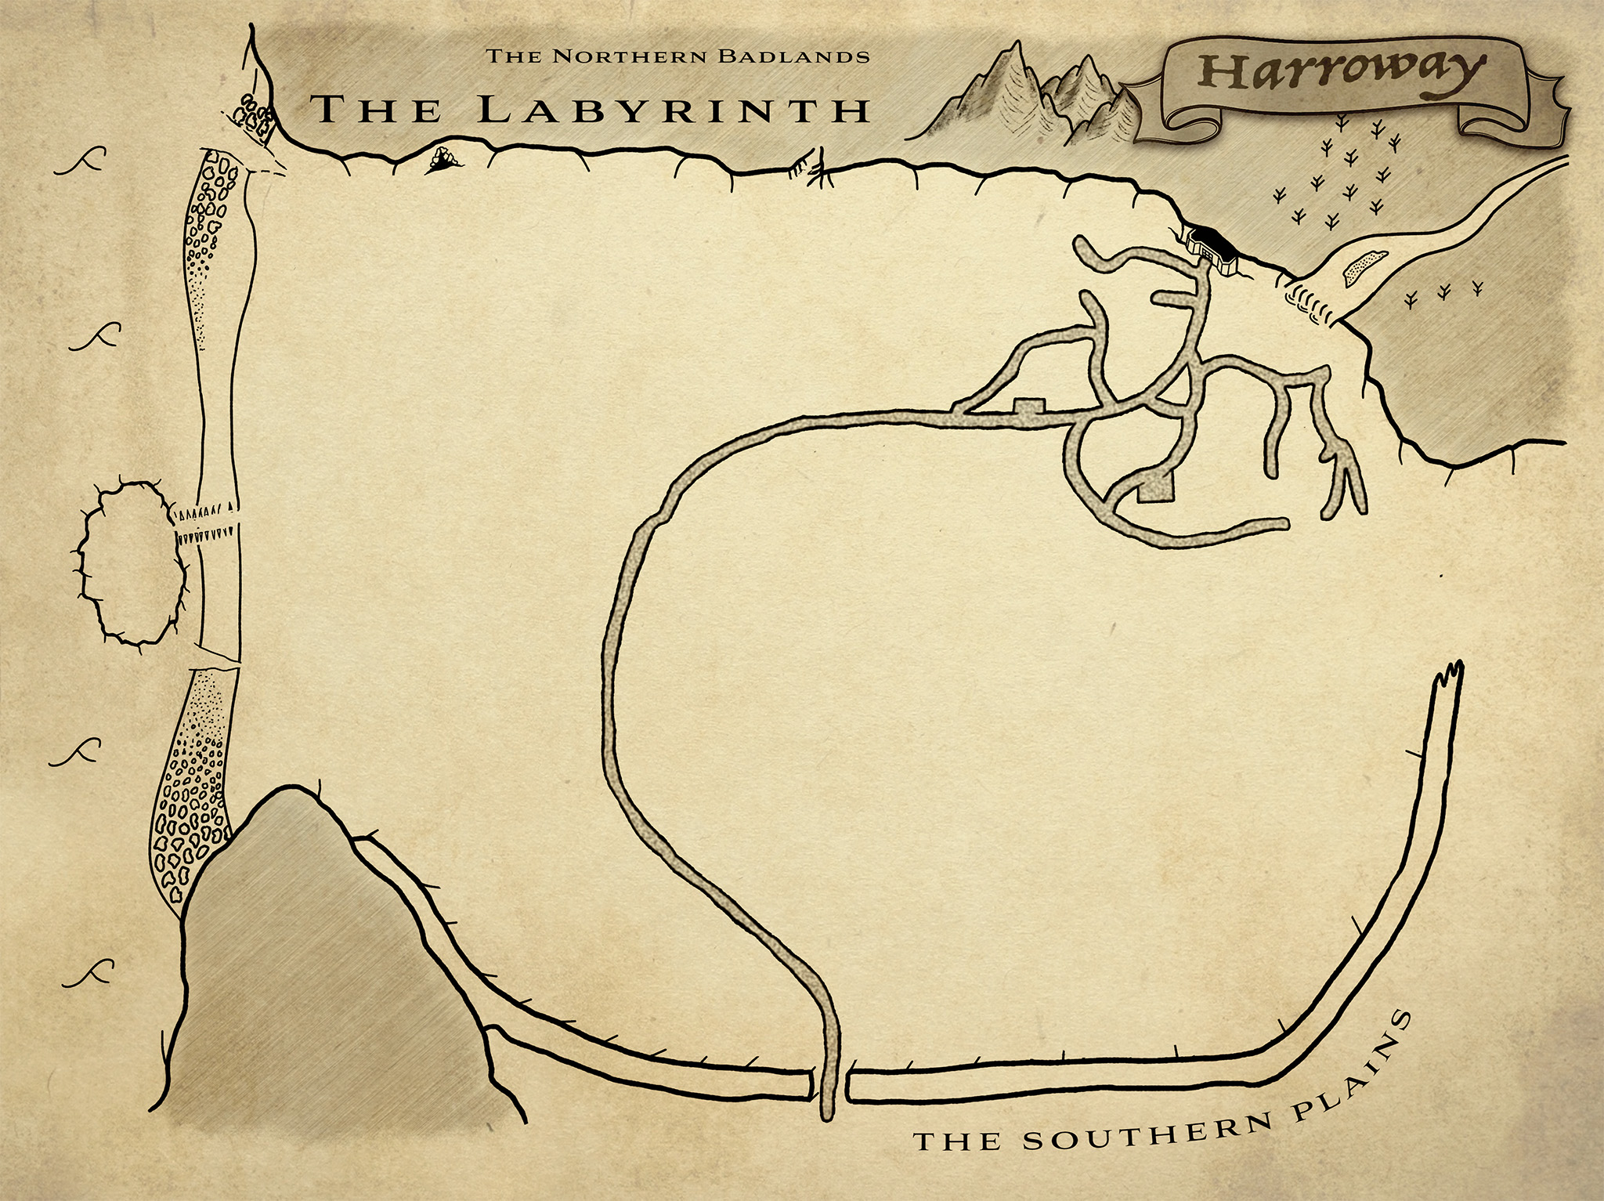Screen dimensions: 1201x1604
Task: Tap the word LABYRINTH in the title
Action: [x=674, y=110]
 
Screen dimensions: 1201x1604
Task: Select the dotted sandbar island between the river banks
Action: [x=1364, y=267]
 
